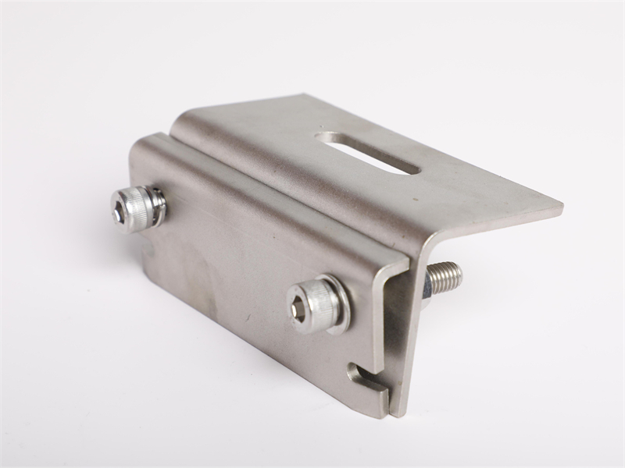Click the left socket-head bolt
137,208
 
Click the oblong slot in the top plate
367,151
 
